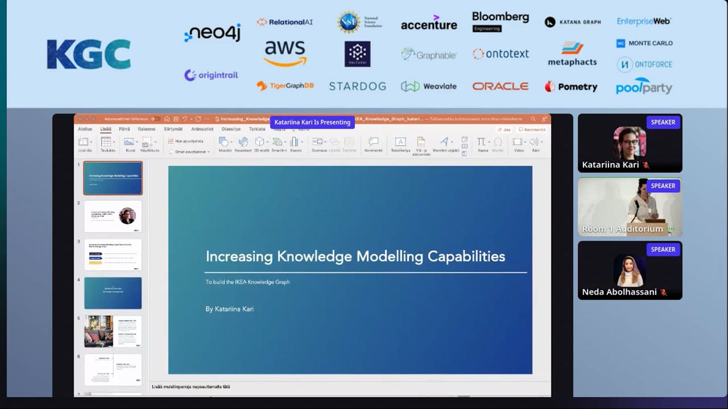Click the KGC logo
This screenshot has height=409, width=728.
pyautogui.click(x=89, y=55)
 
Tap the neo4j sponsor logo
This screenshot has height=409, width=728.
pyautogui.click(x=213, y=33)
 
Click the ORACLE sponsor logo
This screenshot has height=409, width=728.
pyautogui.click(x=500, y=86)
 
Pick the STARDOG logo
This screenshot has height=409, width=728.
pyautogui.click(x=357, y=86)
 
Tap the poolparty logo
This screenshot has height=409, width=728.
pyautogui.click(x=644, y=86)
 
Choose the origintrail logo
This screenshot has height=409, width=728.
pyautogui.click(x=211, y=75)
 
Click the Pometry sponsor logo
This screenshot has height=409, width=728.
pyautogui.click(x=571, y=86)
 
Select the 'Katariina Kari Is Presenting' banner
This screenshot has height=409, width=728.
pyautogui.click(x=312, y=122)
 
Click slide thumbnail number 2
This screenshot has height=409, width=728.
pyautogui.click(x=113, y=216)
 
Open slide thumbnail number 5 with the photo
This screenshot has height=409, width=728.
pyautogui.click(x=113, y=331)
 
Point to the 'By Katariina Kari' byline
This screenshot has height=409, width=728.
pyautogui.click(x=230, y=309)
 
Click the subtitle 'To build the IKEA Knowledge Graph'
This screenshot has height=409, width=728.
pyautogui.click(x=247, y=282)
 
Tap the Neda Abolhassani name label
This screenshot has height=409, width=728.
pyautogui.click(x=618, y=292)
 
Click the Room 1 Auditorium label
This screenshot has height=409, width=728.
pyautogui.click(x=622, y=229)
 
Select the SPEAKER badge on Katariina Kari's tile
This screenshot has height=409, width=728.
pyautogui.click(x=663, y=122)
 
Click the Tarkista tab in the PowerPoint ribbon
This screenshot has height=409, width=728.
pyautogui.click(x=257, y=129)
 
